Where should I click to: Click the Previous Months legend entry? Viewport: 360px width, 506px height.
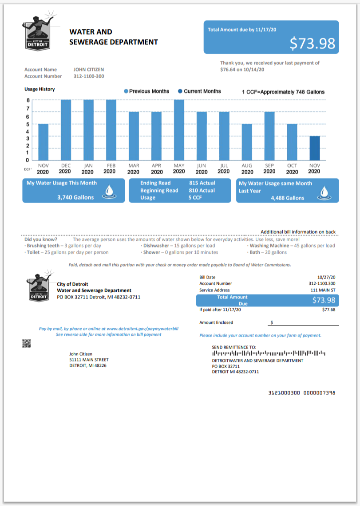pos(146,91)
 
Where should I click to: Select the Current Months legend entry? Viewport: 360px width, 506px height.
pos(199,91)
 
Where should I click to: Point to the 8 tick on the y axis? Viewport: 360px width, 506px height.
pos(28,100)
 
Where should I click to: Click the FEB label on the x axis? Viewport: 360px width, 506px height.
pos(111,165)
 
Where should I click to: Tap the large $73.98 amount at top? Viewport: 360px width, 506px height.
pos(312,43)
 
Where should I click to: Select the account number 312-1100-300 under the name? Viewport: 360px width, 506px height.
pos(89,76)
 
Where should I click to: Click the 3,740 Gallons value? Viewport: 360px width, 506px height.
pos(75,197)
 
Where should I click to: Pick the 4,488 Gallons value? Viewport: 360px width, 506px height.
pos(287,198)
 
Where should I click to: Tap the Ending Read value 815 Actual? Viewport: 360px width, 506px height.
pos(202,183)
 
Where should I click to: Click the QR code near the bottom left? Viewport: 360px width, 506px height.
pos(27,343)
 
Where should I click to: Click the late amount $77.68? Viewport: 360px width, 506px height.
pos(328,310)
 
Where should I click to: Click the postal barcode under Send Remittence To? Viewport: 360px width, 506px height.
pos(269,353)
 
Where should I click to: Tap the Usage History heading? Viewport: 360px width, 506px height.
pos(40,89)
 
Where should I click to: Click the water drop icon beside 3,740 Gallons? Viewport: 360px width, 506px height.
pos(109,192)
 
